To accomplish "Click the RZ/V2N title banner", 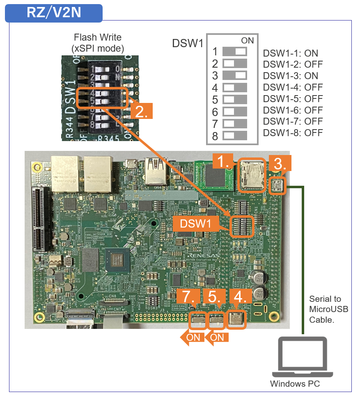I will click(54, 13).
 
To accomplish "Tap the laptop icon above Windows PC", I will click(303, 357).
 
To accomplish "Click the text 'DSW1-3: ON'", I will click(290, 76).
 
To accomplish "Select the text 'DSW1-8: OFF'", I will click(293, 132).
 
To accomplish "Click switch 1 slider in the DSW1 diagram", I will click(235, 52).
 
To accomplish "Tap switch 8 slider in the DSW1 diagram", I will click(235, 135).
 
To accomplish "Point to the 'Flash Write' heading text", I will click(98, 37).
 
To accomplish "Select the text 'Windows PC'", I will click(295, 384).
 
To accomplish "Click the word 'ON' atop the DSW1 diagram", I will click(248, 40).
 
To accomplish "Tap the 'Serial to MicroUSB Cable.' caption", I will click(328, 309).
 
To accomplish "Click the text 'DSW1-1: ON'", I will click(290, 53).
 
